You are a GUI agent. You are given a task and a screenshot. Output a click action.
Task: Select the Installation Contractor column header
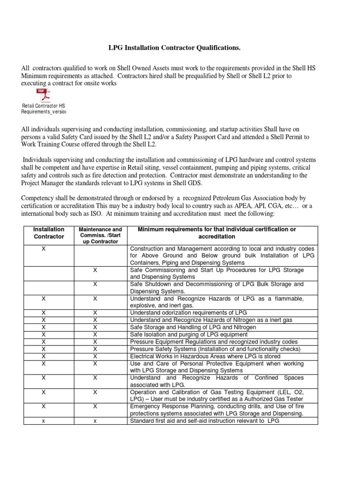(x=48, y=233)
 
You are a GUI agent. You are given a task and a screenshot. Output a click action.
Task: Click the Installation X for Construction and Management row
(x=44, y=248)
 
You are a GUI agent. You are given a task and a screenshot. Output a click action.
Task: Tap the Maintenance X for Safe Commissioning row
(x=95, y=270)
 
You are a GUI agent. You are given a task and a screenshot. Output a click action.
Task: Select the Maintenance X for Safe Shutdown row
(x=95, y=284)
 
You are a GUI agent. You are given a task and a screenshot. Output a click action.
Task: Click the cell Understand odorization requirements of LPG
(x=187, y=313)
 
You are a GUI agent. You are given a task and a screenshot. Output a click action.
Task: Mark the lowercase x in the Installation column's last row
(x=44, y=421)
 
